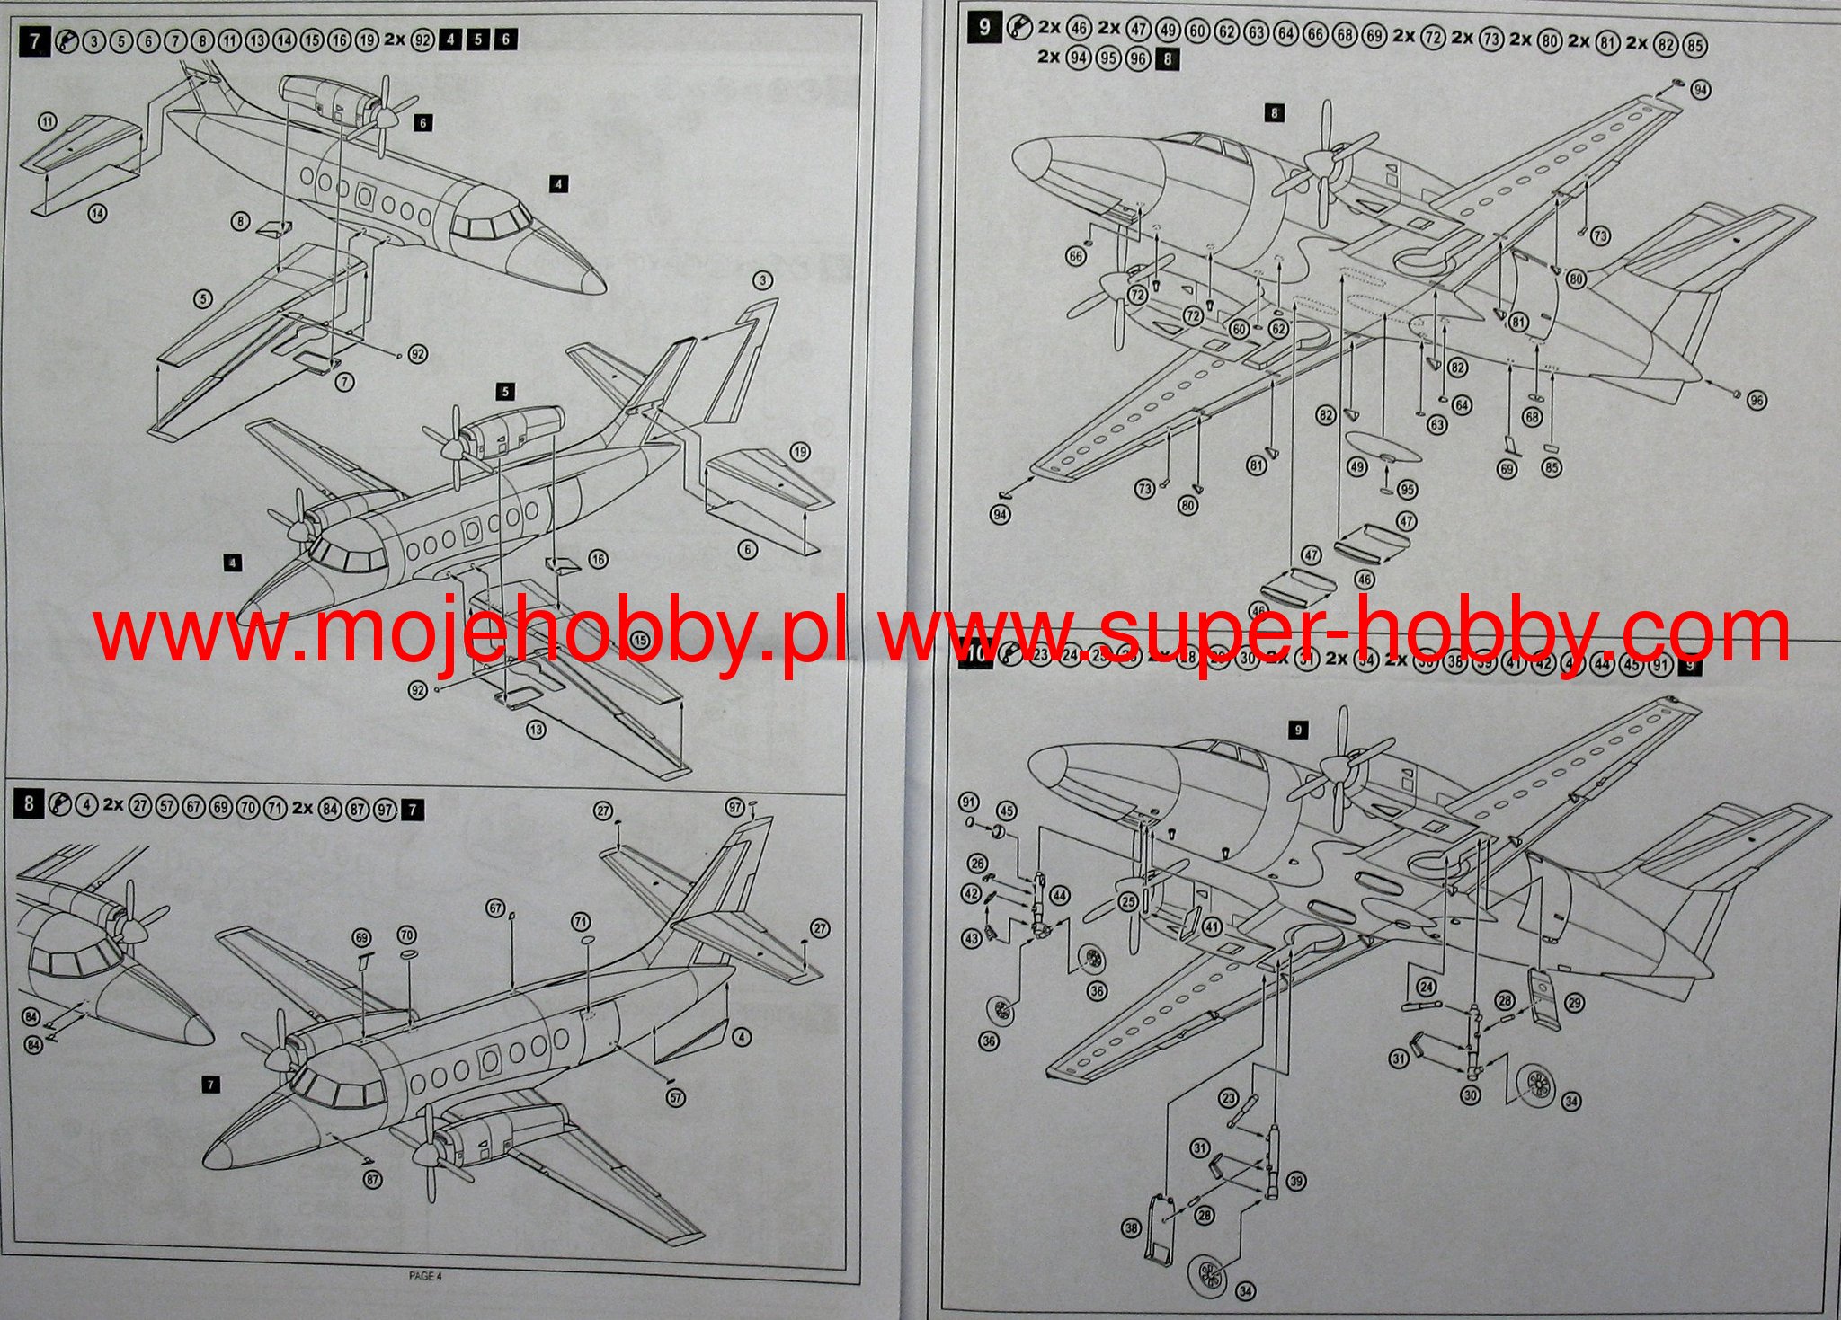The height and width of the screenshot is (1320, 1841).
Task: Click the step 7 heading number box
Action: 35,40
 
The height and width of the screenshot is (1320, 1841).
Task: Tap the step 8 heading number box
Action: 29,803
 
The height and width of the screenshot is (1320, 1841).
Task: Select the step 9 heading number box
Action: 984,27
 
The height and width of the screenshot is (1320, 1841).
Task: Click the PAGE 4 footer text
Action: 425,1275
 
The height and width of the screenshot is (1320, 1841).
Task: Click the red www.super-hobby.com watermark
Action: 1335,634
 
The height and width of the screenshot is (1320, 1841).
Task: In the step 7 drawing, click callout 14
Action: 98,214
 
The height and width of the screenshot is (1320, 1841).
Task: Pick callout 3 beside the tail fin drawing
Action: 763,281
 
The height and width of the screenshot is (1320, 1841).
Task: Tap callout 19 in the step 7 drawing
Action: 800,452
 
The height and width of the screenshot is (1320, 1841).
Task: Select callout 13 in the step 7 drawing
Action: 537,730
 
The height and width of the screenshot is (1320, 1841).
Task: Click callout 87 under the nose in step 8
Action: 373,1180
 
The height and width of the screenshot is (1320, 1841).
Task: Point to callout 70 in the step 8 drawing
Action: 407,936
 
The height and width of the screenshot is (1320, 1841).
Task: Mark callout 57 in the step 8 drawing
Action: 677,1097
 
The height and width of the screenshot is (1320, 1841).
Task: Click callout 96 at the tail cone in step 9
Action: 1757,401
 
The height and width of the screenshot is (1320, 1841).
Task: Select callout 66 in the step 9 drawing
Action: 1077,257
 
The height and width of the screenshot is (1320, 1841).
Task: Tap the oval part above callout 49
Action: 1375,446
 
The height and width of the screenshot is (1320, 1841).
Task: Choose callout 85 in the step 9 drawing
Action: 1551,467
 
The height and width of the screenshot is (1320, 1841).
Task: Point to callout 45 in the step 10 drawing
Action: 1007,811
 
